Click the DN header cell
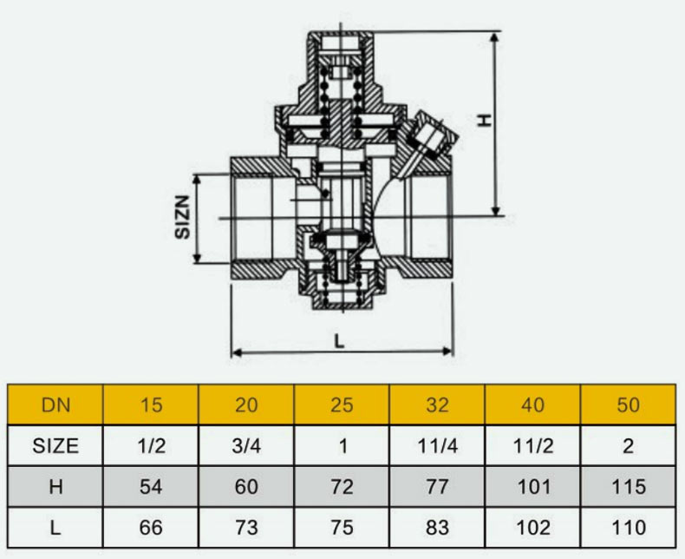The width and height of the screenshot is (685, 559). coord(55,404)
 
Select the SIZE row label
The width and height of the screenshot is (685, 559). coord(55,445)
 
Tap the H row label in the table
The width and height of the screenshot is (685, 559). coord(55,486)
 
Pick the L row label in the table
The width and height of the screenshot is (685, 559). coord(55,527)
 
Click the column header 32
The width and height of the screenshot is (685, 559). coord(437,404)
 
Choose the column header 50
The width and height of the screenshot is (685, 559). coord(629,404)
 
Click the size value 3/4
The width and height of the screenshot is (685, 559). coord(246,445)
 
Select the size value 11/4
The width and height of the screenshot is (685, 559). coord(437,445)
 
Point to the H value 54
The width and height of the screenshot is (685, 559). coord(151,486)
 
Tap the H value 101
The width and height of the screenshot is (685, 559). coord(533,486)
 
